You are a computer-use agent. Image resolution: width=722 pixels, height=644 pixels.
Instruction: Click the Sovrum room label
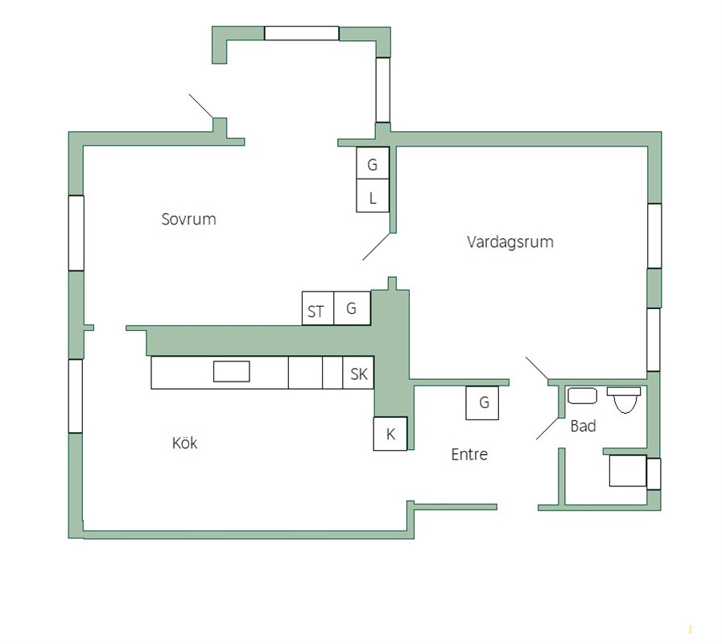pyautogui.click(x=189, y=219)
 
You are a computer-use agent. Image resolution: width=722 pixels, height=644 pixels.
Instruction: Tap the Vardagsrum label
pyautogui.click(x=510, y=242)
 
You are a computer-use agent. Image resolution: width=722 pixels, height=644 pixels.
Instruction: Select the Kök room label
pyautogui.click(x=184, y=443)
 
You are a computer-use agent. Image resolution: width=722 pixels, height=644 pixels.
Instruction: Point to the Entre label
pyautogui.click(x=469, y=454)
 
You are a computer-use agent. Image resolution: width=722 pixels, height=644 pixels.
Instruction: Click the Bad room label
pyautogui.click(x=583, y=426)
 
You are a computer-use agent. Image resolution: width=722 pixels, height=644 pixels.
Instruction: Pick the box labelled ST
pyautogui.click(x=318, y=308)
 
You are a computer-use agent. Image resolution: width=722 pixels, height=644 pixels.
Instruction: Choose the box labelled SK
pyautogui.click(x=358, y=373)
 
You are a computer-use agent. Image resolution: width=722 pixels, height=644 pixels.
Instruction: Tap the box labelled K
pyautogui.click(x=390, y=433)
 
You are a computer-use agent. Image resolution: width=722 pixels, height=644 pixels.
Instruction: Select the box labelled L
pyautogui.click(x=373, y=196)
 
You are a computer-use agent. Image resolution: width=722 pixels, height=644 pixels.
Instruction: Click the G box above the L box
pyautogui.click(x=373, y=163)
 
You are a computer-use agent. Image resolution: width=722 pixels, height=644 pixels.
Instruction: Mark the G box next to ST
pyautogui.click(x=353, y=308)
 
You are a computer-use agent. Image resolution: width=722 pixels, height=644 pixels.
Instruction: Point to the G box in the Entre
pyautogui.click(x=482, y=403)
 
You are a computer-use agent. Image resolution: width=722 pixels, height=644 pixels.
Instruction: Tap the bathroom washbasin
pyautogui.click(x=582, y=396)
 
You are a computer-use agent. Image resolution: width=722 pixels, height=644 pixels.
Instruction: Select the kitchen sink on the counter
pyautogui.click(x=232, y=371)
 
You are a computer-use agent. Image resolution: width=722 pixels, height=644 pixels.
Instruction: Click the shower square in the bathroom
pyautogui.click(x=628, y=470)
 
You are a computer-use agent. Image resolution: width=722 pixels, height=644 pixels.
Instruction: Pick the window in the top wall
pyautogui.click(x=302, y=33)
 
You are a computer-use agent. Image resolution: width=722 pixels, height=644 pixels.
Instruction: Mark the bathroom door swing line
pyautogui.click(x=547, y=428)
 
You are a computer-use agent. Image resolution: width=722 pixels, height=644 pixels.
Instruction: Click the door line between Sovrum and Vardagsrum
pyautogui.click(x=376, y=247)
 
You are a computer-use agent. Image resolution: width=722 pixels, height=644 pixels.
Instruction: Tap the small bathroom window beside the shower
pyautogui.click(x=654, y=473)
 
